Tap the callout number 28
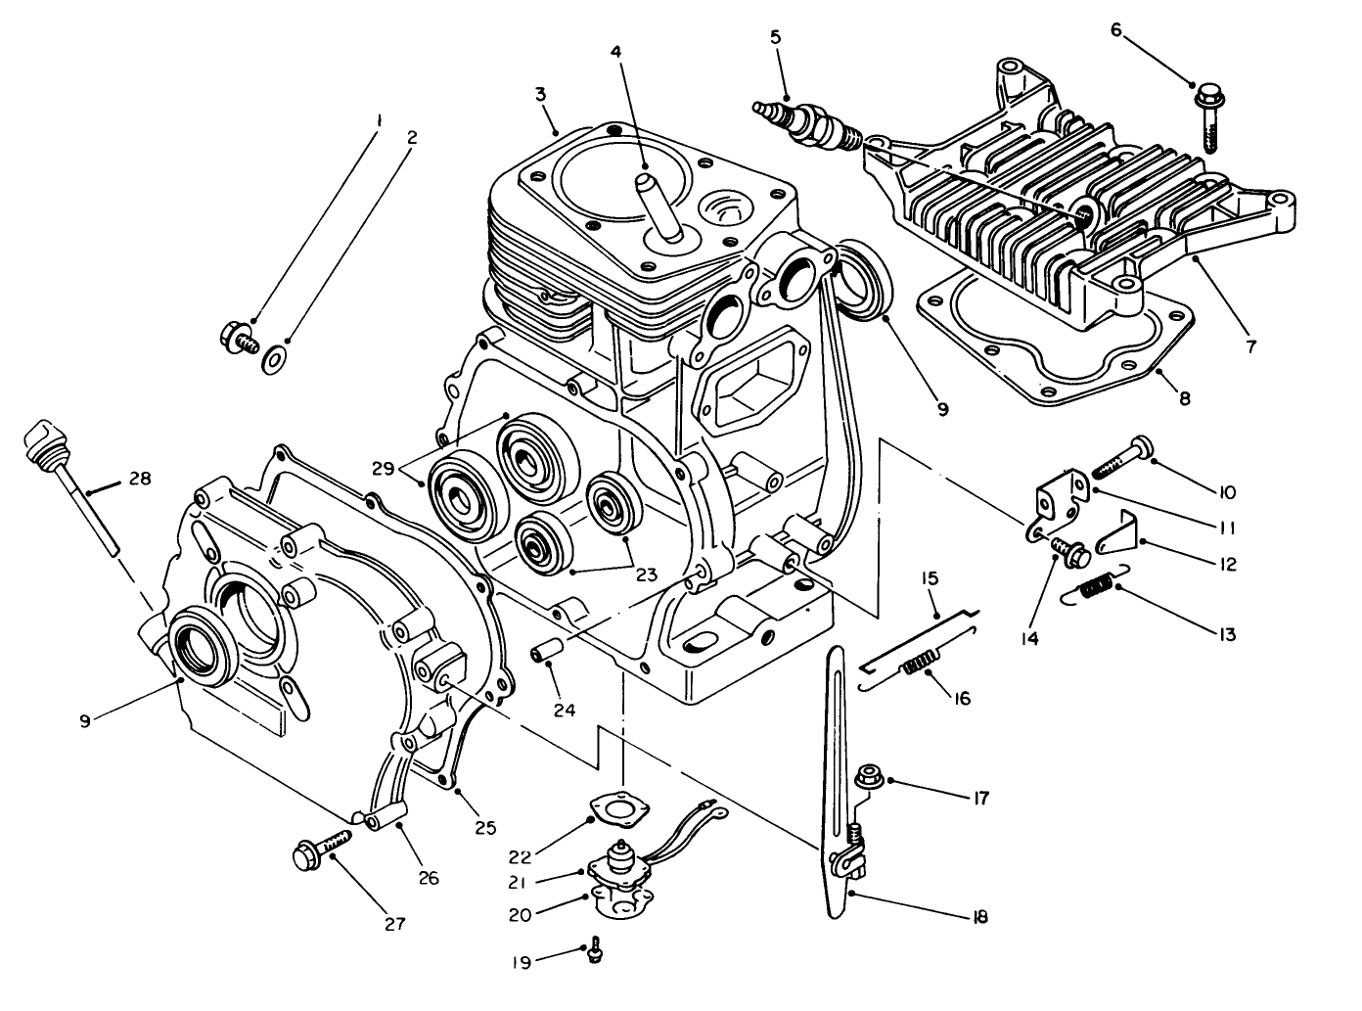click(x=140, y=480)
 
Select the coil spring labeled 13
click(x=1097, y=587)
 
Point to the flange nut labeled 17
click(x=866, y=779)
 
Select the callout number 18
click(x=979, y=917)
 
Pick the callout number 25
click(x=486, y=827)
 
